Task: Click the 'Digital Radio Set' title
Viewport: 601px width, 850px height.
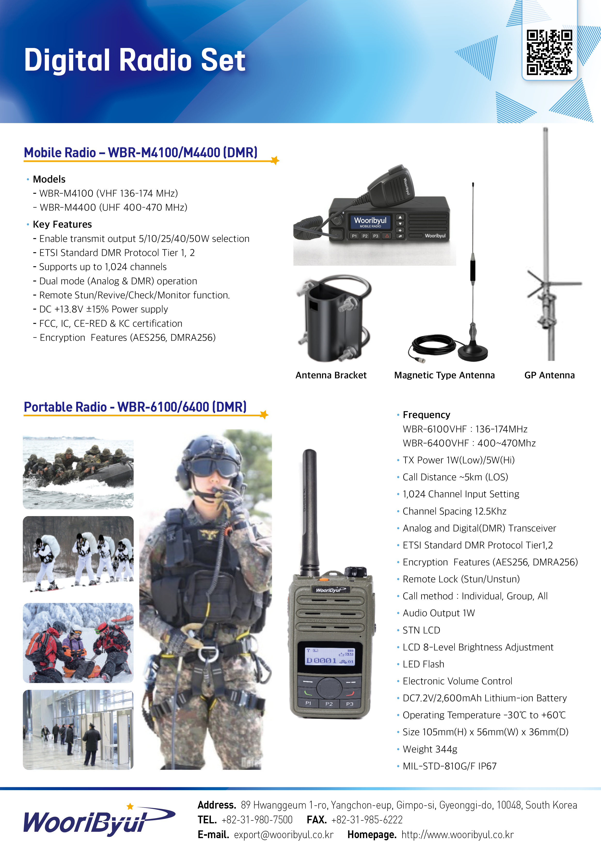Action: [x=135, y=60]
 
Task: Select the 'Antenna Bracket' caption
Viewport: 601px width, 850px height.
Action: [x=331, y=375]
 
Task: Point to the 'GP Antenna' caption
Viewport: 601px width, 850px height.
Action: [x=550, y=375]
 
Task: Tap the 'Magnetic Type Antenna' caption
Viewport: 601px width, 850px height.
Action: [x=444, y=375]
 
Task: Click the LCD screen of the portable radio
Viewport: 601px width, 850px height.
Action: [x=330, y=656]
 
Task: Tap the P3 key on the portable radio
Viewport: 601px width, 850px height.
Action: [x=349, y=704]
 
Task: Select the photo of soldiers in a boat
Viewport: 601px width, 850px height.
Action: [x=78, y=472]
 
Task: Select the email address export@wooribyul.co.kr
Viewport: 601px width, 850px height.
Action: [x=284, y=835]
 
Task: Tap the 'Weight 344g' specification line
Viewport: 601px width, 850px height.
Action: [x=430, y=749]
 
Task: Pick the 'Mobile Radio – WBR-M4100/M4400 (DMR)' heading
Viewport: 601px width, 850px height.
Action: [x=141, y=152]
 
